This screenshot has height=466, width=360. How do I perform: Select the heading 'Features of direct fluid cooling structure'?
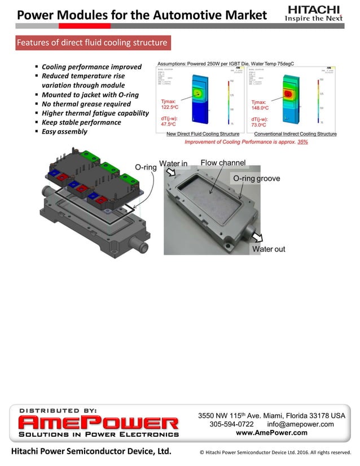click(92, 43)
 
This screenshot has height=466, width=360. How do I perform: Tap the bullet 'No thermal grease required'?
click(86, 104)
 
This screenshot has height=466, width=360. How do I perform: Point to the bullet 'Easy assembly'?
click(64, 131)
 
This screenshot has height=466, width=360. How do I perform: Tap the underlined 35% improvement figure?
click(302, 142)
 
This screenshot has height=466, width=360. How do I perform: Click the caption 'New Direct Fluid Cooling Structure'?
click(203, 134)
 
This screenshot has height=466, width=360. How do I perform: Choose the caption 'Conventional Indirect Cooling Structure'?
click(295, 134)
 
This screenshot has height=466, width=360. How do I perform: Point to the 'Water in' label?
click(173, 164)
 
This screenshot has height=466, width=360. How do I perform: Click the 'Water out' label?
click(269, 249)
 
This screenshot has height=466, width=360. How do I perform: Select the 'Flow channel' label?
click(223, 163)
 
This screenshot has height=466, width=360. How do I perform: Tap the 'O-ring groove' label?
click(256, 178)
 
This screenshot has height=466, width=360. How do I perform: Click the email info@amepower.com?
click(300, 424)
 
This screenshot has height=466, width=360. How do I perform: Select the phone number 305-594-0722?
click(231, 424)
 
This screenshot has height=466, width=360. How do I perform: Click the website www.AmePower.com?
click(271, 433)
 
